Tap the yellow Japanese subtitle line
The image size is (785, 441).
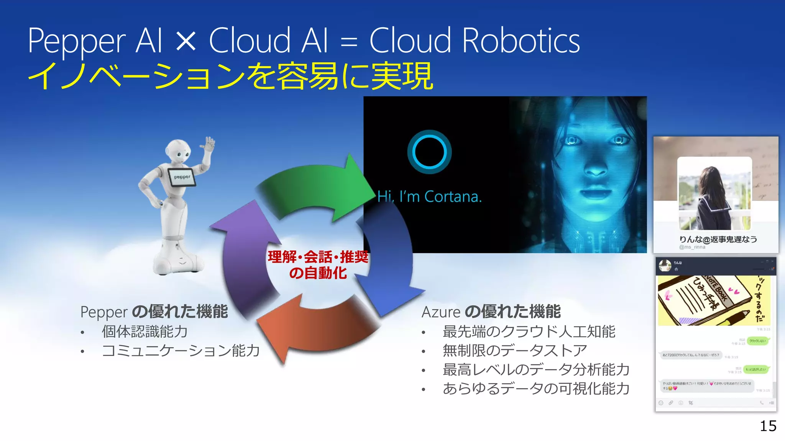click(230, 76)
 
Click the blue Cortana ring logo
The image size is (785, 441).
click(429, 152)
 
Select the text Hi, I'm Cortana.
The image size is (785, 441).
click(429, 197)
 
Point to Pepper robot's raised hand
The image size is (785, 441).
click(208, 145)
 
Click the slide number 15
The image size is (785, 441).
click(768, 426)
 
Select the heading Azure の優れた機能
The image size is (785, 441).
click(491, 312)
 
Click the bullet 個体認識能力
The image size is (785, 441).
click(145, 332)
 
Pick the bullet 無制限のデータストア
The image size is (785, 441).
click(515, 350)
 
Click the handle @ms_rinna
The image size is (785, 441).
click(692, 247)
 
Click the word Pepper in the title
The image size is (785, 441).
click(77, 41)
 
